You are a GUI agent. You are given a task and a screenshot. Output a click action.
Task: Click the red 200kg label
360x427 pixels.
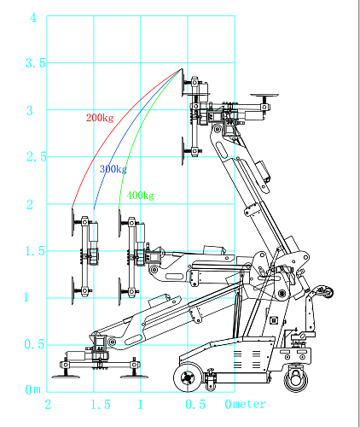click(x=100, y=118)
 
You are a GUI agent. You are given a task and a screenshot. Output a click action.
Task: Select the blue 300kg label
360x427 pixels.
click(x=113, y=169)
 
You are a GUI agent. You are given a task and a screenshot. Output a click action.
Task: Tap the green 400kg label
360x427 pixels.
click(x=140, y=196)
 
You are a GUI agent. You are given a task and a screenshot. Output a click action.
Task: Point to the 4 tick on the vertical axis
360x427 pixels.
click(x=33, y=18)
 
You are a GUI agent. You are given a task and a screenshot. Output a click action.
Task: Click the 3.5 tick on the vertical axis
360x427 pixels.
click(x=36, y=63)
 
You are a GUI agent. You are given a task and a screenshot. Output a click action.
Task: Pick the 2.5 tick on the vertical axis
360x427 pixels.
click(x=37, y=157)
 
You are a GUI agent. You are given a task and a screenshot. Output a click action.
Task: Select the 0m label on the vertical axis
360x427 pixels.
click(x=33, y=389)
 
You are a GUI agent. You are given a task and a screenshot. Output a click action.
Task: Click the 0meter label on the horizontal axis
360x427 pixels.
click(x=245, y=404)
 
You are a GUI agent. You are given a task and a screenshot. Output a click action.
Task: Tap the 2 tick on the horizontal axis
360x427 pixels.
click(x=48, y=405)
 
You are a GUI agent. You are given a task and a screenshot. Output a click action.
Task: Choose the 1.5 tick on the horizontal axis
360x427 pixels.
click(x=101, y=405)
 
